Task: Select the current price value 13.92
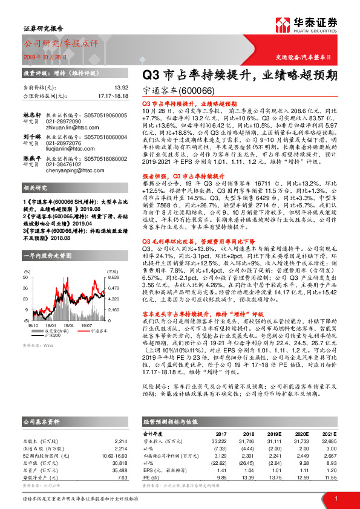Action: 120,87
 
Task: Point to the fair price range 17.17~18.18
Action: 113,96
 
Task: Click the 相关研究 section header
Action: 36,188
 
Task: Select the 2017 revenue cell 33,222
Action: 218,441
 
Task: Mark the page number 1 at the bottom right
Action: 336,498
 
